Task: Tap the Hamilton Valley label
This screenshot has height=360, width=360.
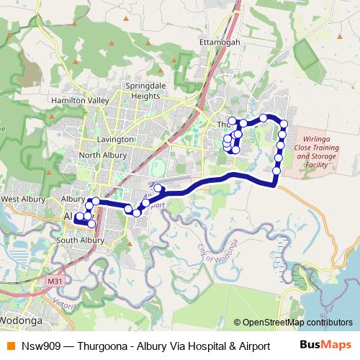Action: point(78,102)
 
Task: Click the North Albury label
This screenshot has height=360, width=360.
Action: point(102,155)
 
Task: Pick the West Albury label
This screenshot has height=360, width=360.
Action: point(24,199)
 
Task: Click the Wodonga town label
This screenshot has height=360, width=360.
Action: point(22,318)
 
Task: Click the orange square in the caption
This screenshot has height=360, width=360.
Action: point(9,346)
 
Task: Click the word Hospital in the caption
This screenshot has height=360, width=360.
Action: point(198,346)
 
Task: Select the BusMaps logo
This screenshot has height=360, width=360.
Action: point(326,345)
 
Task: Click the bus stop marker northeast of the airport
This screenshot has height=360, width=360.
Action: point(158,189)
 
